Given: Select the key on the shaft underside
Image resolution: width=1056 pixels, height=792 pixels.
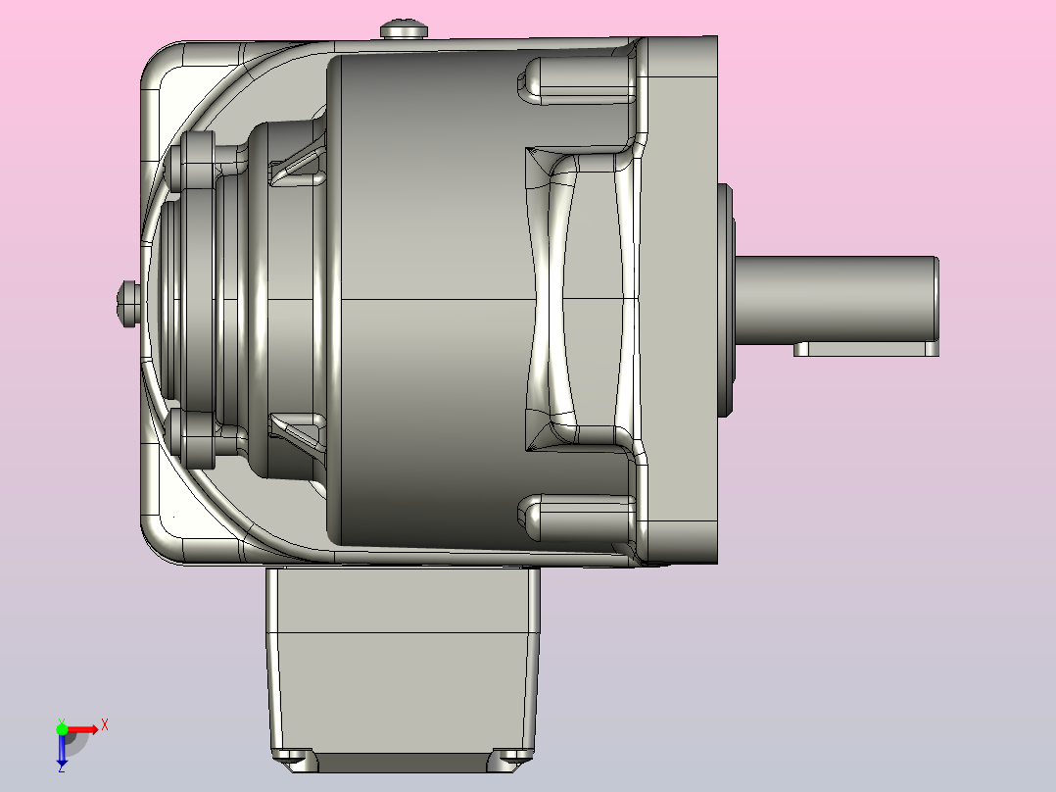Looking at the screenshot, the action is [866, 349].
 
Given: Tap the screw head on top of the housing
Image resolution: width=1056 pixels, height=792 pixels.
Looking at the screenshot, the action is [404, 29].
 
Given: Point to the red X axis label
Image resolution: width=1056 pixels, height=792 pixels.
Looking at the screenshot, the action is [105, 725].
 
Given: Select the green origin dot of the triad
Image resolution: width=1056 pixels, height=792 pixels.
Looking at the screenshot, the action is [62, 729].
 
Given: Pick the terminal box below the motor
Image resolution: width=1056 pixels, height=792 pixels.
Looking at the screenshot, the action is [404, 669].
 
